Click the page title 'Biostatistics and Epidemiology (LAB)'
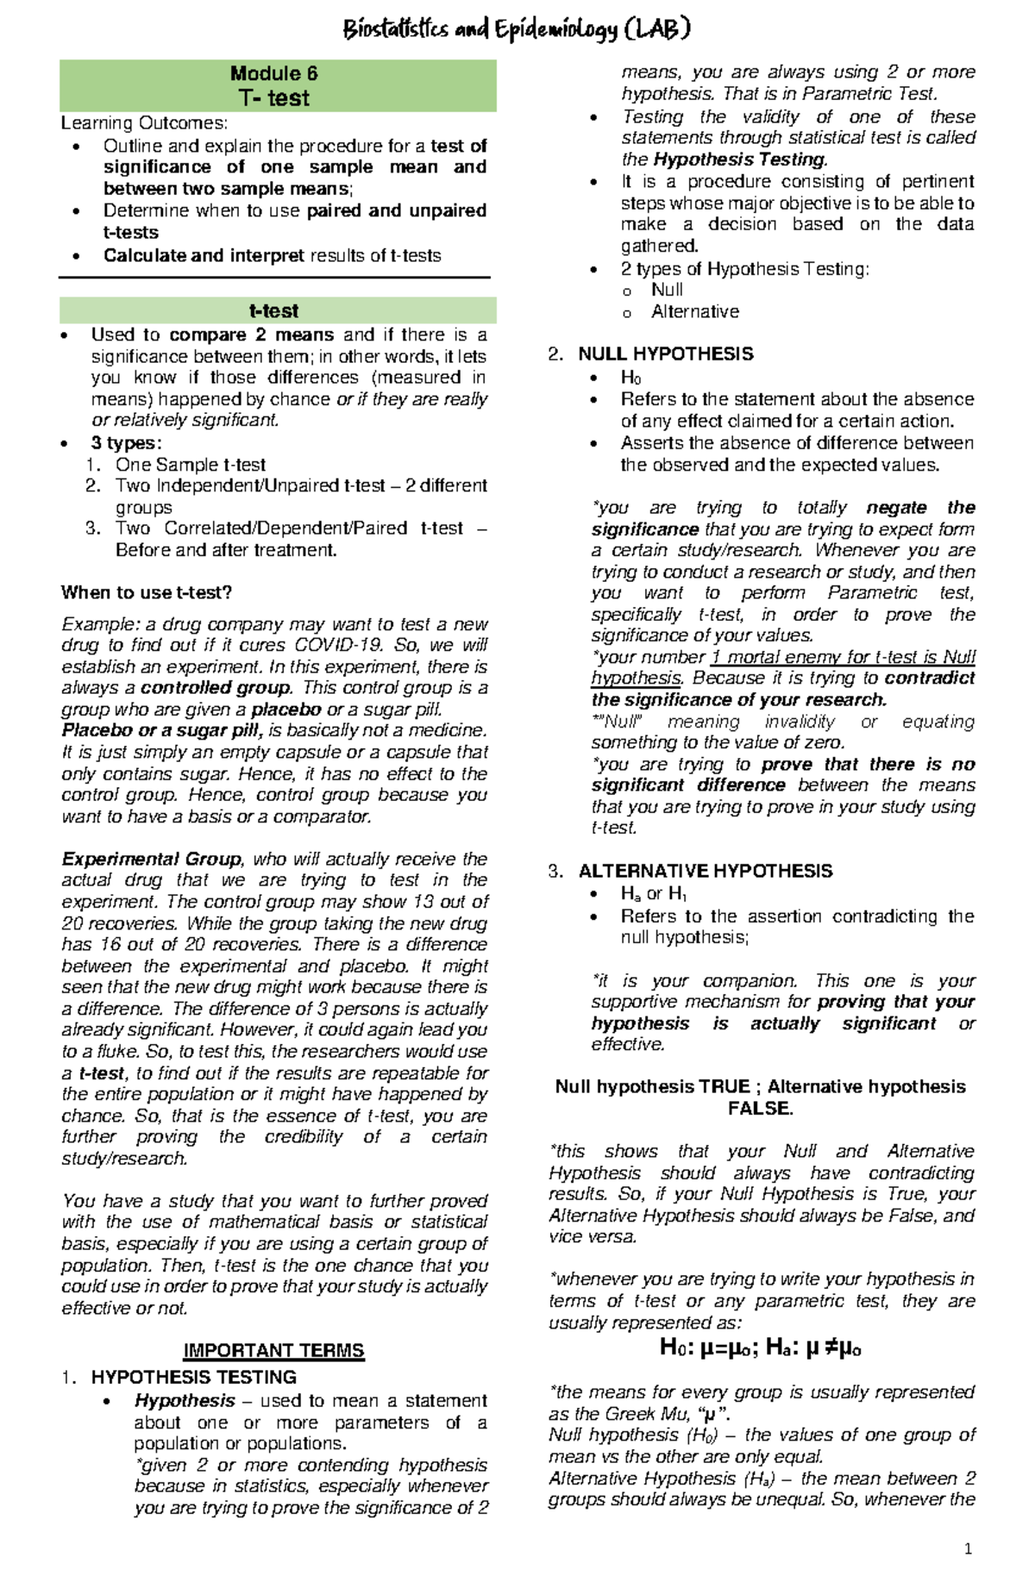(517, 31)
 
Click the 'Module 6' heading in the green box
(274, 74)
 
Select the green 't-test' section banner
(274, 310)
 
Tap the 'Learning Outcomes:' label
(144, 123)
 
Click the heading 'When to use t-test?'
(147, 592)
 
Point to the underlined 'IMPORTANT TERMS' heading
(274, 1351)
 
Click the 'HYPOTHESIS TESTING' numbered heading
(194, 1377)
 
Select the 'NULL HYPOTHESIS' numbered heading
(666, 354)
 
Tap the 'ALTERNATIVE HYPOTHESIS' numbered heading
(706, 871)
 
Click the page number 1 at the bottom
(968, 1549)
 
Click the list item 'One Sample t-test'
(191, 465)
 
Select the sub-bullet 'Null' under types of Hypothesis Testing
(667, 291)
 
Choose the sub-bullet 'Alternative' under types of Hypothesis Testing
(695, 312)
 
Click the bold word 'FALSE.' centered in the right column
(761, 1109)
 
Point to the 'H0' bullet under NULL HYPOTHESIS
(631, 378)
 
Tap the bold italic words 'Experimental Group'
(152, 860)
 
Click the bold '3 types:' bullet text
(126, 443)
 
